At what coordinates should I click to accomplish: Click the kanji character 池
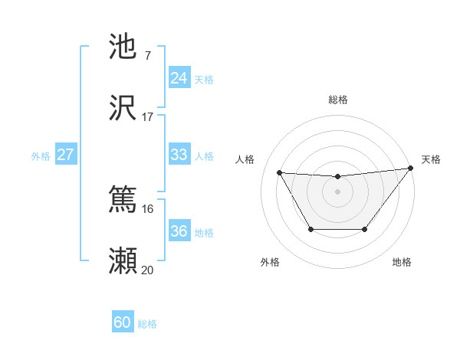(123, 47)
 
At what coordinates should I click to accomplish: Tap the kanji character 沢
(123, 108)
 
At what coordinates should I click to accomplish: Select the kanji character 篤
(123, 200)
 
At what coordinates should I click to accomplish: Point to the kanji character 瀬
(123, 261)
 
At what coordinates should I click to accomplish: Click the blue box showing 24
(179, 77)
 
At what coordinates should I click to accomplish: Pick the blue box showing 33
(179, 155)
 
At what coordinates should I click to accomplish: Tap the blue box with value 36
(179, 231)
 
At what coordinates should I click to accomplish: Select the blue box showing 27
(66, 155)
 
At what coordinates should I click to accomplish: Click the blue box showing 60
(123, 322)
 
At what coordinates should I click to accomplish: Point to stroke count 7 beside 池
(147, 55)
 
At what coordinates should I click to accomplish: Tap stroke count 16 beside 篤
(148, 208)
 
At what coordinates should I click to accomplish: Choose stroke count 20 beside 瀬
(148, 270)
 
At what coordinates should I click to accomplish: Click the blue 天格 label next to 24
(204, 79)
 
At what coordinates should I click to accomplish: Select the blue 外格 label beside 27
(41, 156)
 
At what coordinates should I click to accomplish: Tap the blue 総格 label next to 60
(147, 324)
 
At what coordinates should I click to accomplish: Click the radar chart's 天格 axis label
(431, 159)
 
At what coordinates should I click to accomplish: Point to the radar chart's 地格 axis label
(402, 262)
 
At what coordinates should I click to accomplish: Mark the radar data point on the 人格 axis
(279, 172)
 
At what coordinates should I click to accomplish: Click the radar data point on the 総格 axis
(337, 177)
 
